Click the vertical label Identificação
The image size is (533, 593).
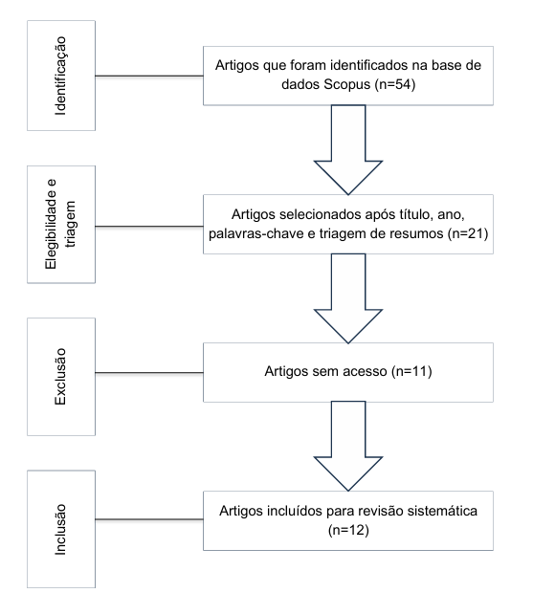click(60, 76)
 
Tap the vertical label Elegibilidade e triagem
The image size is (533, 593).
click(60, 224)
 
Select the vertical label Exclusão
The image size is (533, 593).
click(60, 377)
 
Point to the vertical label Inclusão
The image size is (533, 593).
click(60, 530)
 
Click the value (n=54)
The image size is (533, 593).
click(395, 84)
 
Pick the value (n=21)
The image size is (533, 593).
click(468, 233)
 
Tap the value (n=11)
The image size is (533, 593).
click(411, 371)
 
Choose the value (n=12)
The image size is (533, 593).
click(348, 530)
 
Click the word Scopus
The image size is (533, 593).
click(347, 85)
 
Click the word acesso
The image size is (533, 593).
click(365, 371)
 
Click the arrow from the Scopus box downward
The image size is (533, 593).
click(348, 150)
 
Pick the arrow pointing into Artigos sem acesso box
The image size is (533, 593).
click(348, 298)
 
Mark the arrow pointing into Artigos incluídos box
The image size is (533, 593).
click(348, 447)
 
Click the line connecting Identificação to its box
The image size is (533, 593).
click(149, 76)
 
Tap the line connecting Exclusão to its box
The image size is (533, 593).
click(149, 373)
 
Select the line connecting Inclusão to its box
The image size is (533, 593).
click(149, 519)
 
